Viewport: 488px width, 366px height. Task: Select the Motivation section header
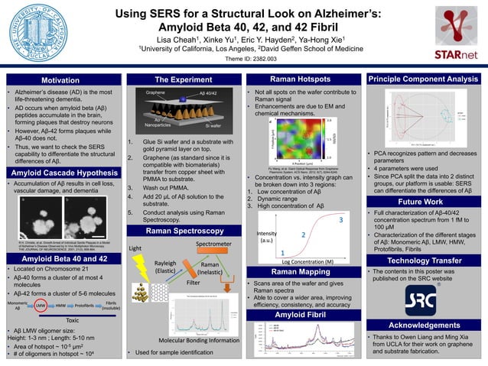point(60,79)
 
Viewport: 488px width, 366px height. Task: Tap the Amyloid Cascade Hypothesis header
point(60,153)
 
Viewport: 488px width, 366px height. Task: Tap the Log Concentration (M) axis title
point(314,261)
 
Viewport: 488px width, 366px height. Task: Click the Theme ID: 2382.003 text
point(244,59)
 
